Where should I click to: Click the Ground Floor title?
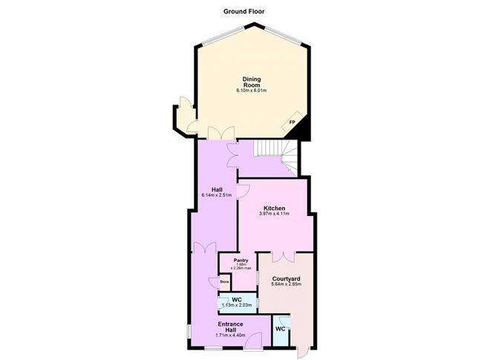click(244, 11)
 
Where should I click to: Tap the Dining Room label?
click(251, 82)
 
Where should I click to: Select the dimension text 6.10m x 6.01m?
click(251, 91)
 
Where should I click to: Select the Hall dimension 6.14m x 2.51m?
click(216, 195)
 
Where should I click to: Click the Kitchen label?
click(274, 209)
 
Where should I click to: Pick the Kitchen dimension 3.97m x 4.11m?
click(274, 215)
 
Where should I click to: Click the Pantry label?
click(241, 261)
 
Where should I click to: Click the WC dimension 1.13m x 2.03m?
click(237, 305)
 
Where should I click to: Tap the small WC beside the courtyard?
click(280, 328)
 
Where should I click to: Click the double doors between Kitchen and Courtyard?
click(282, 257)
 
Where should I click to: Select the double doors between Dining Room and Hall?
click(217, 134)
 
